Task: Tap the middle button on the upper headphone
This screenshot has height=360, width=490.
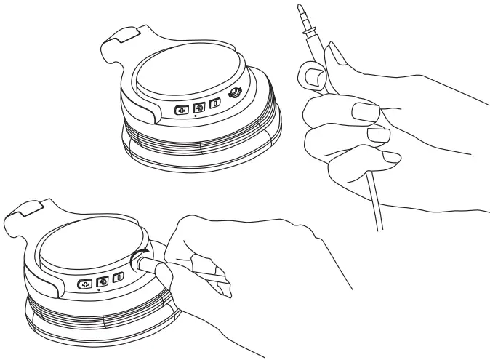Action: click(x=198, y=107)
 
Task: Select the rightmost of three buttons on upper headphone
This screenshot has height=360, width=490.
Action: click(x=214, y=104)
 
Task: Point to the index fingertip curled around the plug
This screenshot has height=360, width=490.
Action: click(x=310, y=76)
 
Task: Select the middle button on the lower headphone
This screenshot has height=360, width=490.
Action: click(x=103, y=281)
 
